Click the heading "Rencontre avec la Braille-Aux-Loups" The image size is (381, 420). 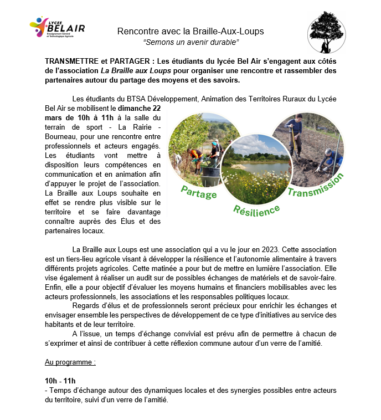(190, 31)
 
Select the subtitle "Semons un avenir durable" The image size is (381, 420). (190, 42)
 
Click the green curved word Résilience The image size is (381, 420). (256, 210)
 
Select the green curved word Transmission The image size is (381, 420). (316, 186)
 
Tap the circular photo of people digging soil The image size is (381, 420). (307, 149)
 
